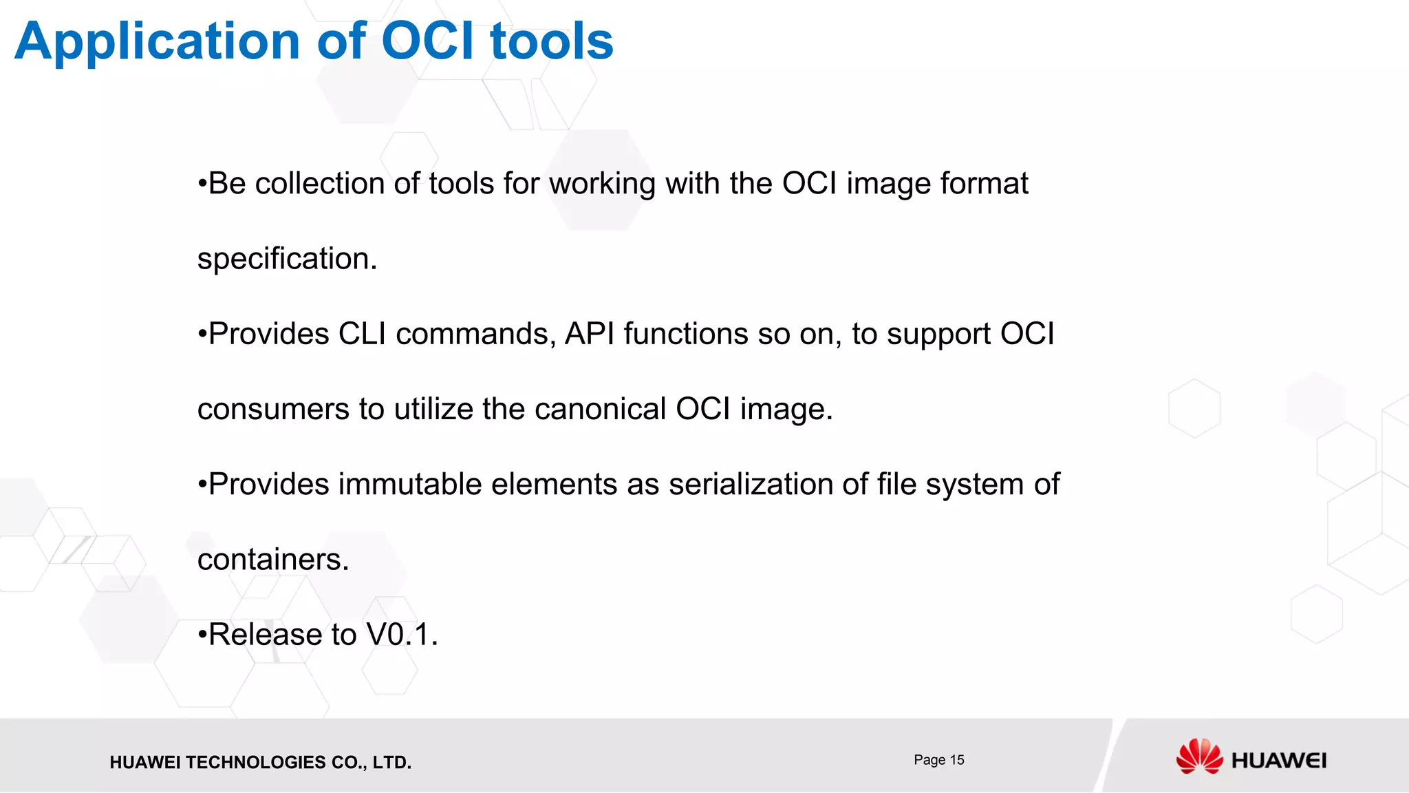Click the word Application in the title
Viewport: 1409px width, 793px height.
click(x=157, y=41)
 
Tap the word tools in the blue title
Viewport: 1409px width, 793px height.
click(x=552, y=41)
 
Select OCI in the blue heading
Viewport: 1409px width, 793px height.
click(x=427, y=41)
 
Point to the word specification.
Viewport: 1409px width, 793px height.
click(x=287, y=259)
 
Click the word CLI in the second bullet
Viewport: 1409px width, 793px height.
click(x=361, y=334)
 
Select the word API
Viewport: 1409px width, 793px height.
click(x=589, y=334)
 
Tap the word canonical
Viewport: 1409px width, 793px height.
click(x=600, y=409)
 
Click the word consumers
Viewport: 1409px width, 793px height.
click(x=273, y=409)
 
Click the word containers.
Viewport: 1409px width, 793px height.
click(x=273, y=559)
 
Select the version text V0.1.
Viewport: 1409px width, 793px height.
click(x=402, y=634)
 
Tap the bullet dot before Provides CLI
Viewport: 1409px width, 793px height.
click(x=202, y=335)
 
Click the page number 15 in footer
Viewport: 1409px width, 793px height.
click(x=957, y=760)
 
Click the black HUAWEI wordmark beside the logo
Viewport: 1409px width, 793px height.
click(x=1278, y=761)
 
